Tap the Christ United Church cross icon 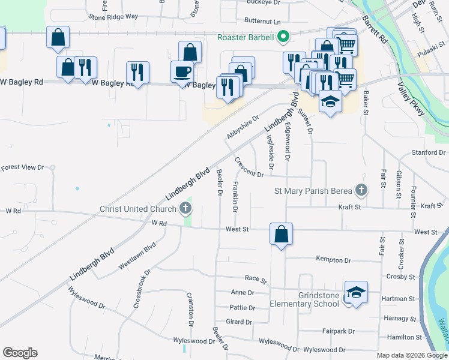pyautogui.click(x=185, y=209)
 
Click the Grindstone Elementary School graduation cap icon pyautogui.click(x=356, y=293)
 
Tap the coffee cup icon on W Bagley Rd pyautogui.click(x=182, y=72)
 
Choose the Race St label pyautogui.click(x=255, y=280)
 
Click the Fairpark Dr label pyautogui.click(x=339, y=331)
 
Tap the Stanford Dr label pyautogui.click(x=429, y=152)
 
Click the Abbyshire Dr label pyautogui.click(x=243, y=127)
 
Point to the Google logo pyautogui.click(x=20, y=353)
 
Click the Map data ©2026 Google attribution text pyautogui.click(x=411, y=355)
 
